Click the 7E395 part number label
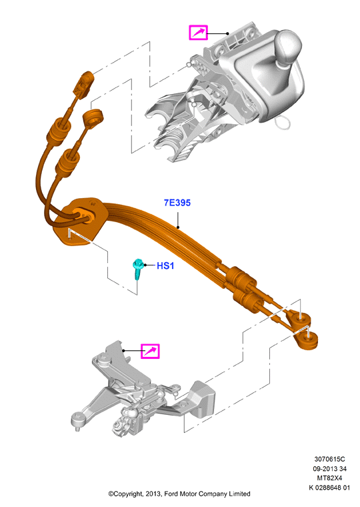pyautogui.click(x=177, y=203)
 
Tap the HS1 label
pyautogui.click(x=165, y=266)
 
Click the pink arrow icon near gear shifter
pyautogui.click(x=198, y=33)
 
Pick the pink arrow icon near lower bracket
pyautogui.click(x=150, y=351)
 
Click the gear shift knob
pyautogui.click(x=289, y=47)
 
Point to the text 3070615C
pyautogui.click(x=329, y=459)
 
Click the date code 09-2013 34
pyautogui.click(x=329, y=468)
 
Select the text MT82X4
pyautogui.click(x=329, y=478)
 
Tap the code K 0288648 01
pyautogui.click(x=329, y=488)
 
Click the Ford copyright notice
pyautogui.click(x=179, y=494)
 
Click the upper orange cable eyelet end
pyautogui.click(x=301, y=319)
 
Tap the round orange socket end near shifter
pyautogui.click(x=93, y=118)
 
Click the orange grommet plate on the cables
pyautogui.click(x=78, y=221)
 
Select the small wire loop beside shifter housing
pyautogui.click(x=283, y=122)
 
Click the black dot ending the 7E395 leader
pyautogui.click(x=178, y=227)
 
